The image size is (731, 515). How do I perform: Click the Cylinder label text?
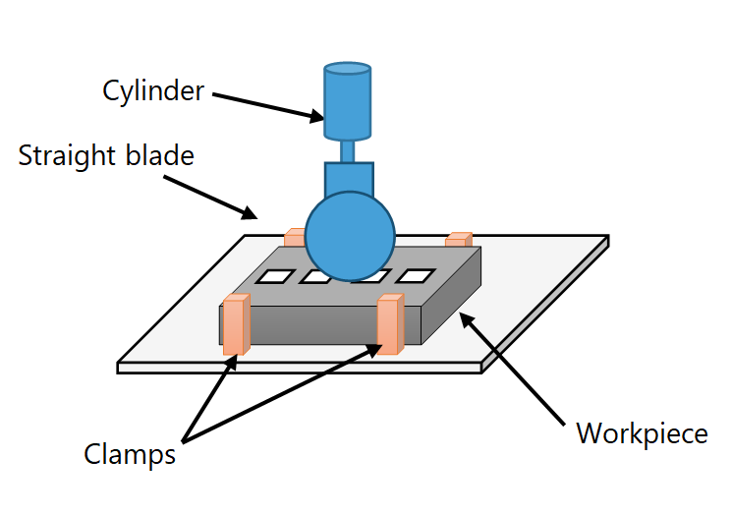click(x=153, y=91)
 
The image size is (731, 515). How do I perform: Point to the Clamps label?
click(x=130, y=455)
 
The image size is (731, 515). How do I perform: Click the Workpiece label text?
click(x=642, y=433)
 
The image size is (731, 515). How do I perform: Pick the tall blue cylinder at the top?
click(x=348, y=101)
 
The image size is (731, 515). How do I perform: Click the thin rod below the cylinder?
click(x=348, y=151)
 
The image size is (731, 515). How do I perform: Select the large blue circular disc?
click(x=350, y=236)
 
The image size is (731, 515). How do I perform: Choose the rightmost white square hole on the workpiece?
click(x=416, y=276)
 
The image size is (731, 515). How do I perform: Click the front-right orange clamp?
click(x=390, y=324)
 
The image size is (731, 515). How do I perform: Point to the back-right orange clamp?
click(x=459, y=239)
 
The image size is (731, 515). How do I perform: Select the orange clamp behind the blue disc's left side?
click(x=295, y=237)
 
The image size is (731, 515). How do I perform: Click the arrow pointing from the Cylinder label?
click(x=267, y=105)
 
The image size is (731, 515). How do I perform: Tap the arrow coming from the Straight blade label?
click(x=209, y=196)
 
